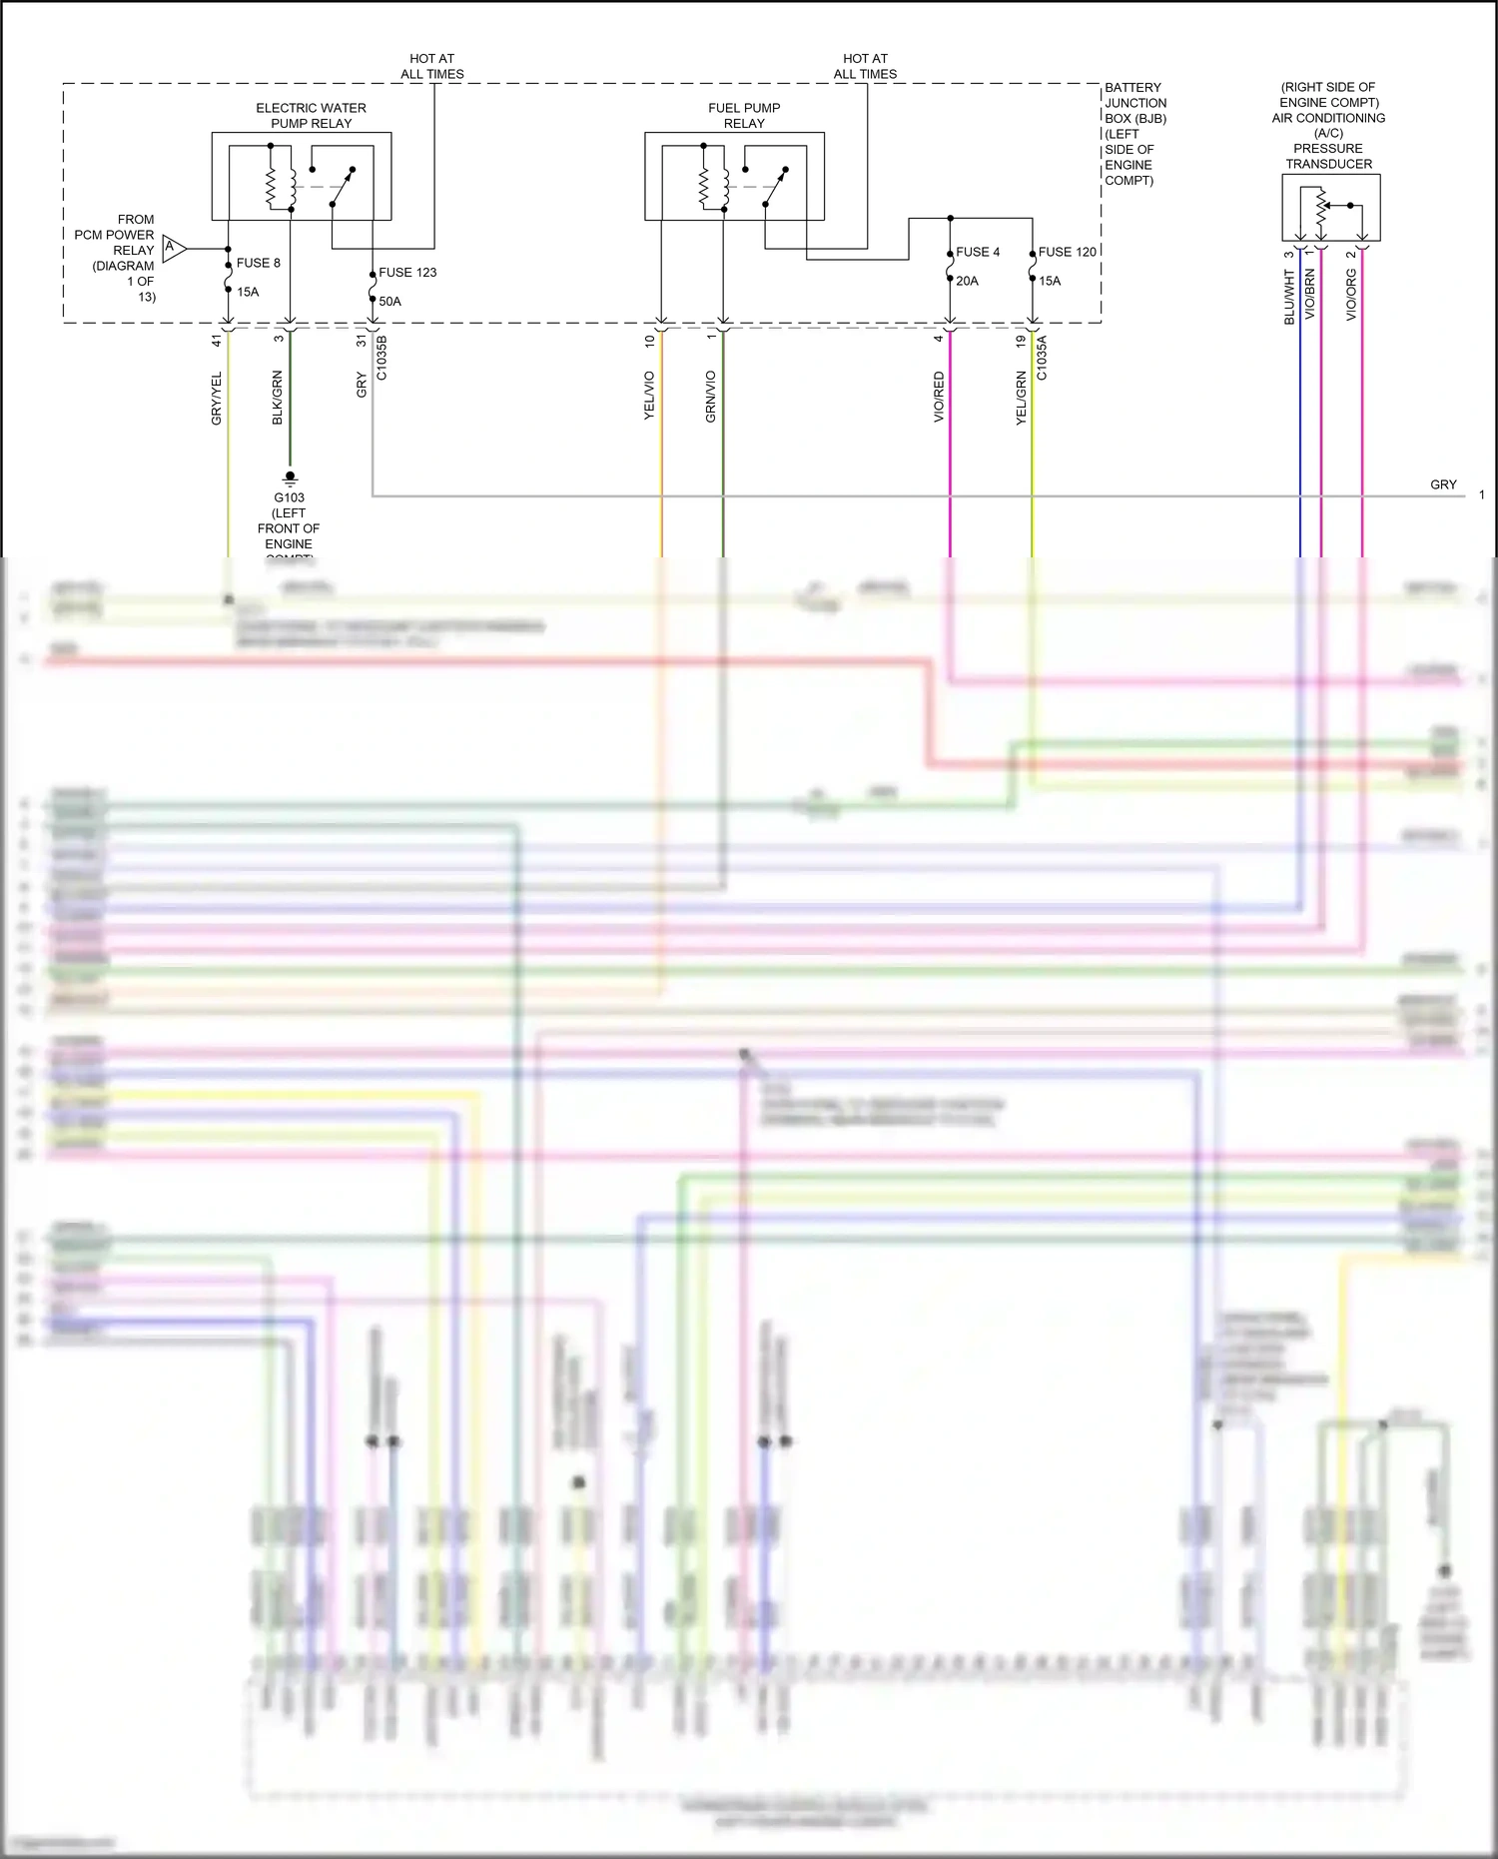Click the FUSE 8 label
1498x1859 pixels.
(258, 263)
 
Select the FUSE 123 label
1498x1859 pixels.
(407, 272)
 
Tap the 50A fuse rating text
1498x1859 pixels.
(389, 301)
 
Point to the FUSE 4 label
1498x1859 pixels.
(978, 252)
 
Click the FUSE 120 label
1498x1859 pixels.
(1067, 252)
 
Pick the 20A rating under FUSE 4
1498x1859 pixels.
(967, 281)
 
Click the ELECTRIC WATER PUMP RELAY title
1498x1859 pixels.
(311, 115)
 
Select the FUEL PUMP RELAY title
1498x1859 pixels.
(744, 115)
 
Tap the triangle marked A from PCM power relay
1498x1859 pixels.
(173, 248)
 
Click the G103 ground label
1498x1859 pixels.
(289, 497)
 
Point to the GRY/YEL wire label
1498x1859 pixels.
(217, 399)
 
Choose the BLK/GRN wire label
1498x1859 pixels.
(278, 398)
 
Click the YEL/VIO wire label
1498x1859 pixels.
(649, 395)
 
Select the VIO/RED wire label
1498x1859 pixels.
(939, 397)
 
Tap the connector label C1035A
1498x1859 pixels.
(1042, 358)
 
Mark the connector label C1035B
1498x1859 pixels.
(381, 358)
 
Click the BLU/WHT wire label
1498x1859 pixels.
(1289, 298)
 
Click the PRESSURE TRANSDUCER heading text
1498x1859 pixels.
(1328, 156)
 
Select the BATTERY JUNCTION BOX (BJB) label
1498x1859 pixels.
(1134, 103)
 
